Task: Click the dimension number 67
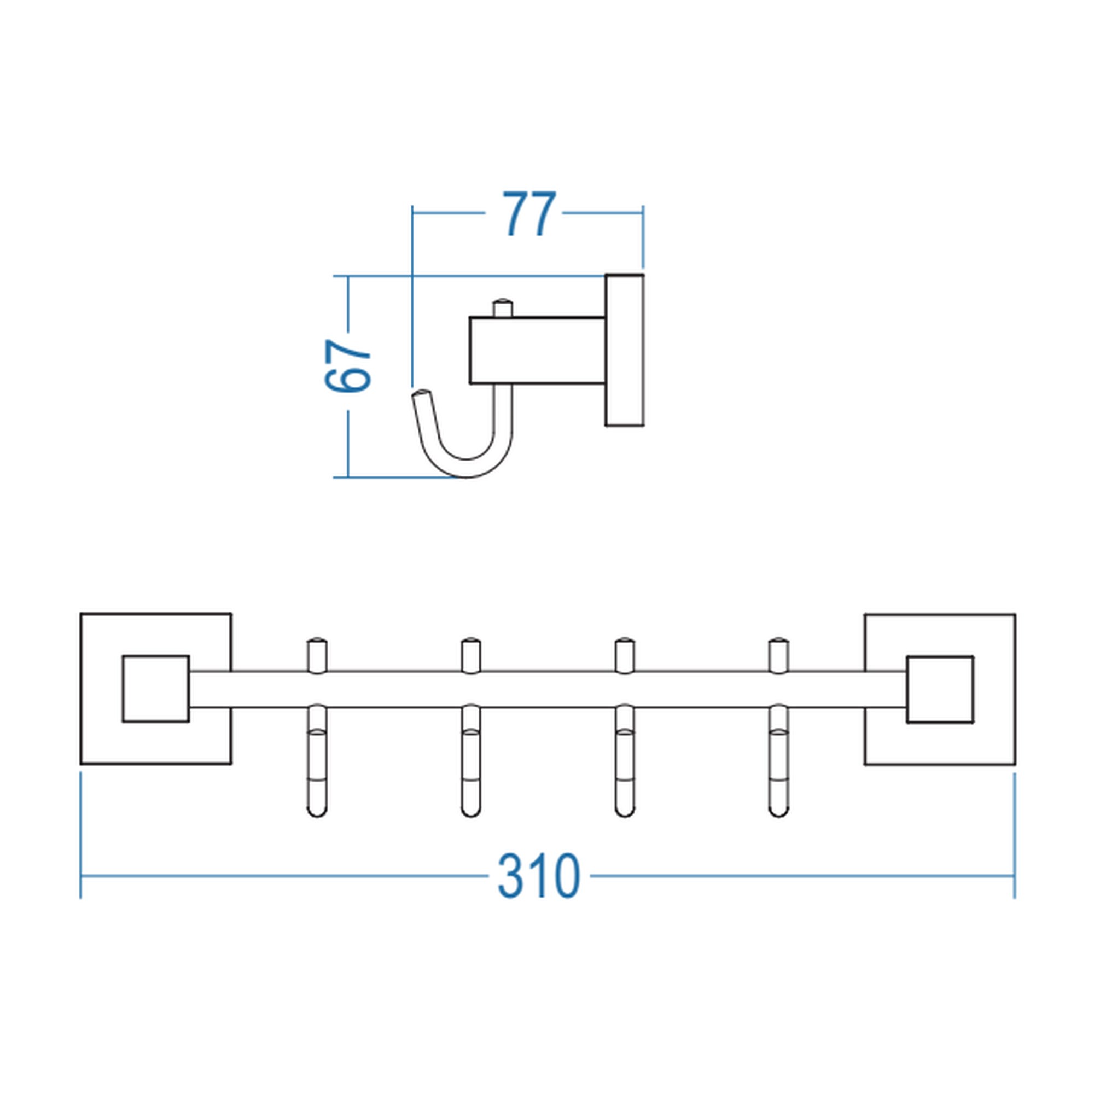pyautogui.click(x=348, y=365)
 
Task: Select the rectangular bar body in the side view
pyautogui.click(x=537, y=351)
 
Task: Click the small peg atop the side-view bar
pyautogui.click(x=502, y=308)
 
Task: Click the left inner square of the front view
pyautogui.click(x=156, y=689)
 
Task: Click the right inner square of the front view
pyautogui.click(x=940, y=690)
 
